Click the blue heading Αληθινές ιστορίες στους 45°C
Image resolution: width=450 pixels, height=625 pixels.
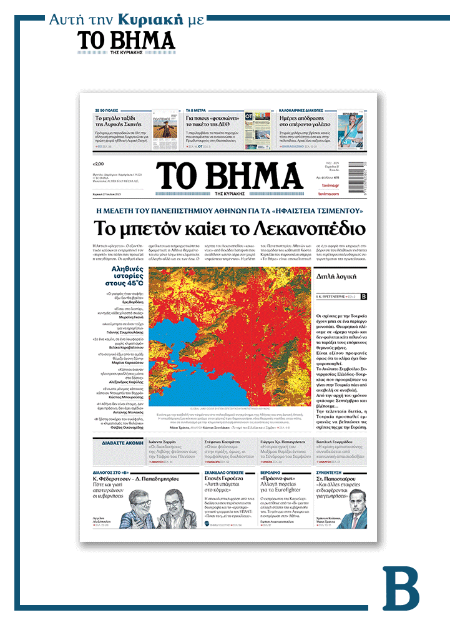point(124,276)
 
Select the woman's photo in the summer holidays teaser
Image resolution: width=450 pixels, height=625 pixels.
point(354,129)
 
